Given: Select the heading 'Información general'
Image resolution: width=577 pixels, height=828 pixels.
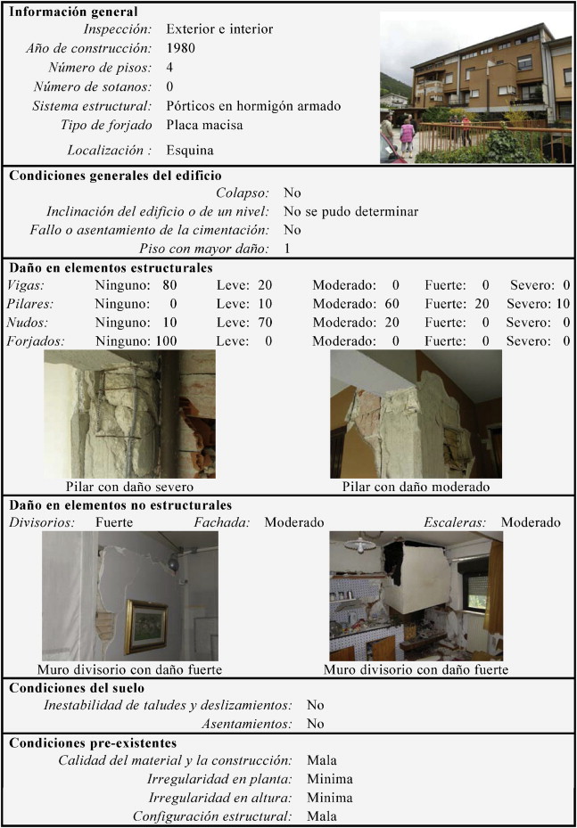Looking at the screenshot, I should [73, 12].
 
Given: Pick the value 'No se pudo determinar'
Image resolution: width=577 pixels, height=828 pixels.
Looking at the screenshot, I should [350, 212].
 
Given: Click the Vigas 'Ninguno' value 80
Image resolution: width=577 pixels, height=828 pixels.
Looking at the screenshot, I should [170, 286].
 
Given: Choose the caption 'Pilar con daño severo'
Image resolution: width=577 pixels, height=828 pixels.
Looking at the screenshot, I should [130, 488].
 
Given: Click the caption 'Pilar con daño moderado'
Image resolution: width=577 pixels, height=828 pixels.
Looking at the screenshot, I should [416, 488].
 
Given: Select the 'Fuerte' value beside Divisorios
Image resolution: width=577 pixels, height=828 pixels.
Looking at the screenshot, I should [114, 522].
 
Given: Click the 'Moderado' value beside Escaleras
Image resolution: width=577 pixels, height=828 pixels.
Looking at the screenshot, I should [531, 522].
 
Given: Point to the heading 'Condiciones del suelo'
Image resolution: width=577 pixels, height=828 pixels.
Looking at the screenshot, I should [76, 688].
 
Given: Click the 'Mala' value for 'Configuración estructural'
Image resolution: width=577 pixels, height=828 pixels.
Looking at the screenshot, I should [322, 816].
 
